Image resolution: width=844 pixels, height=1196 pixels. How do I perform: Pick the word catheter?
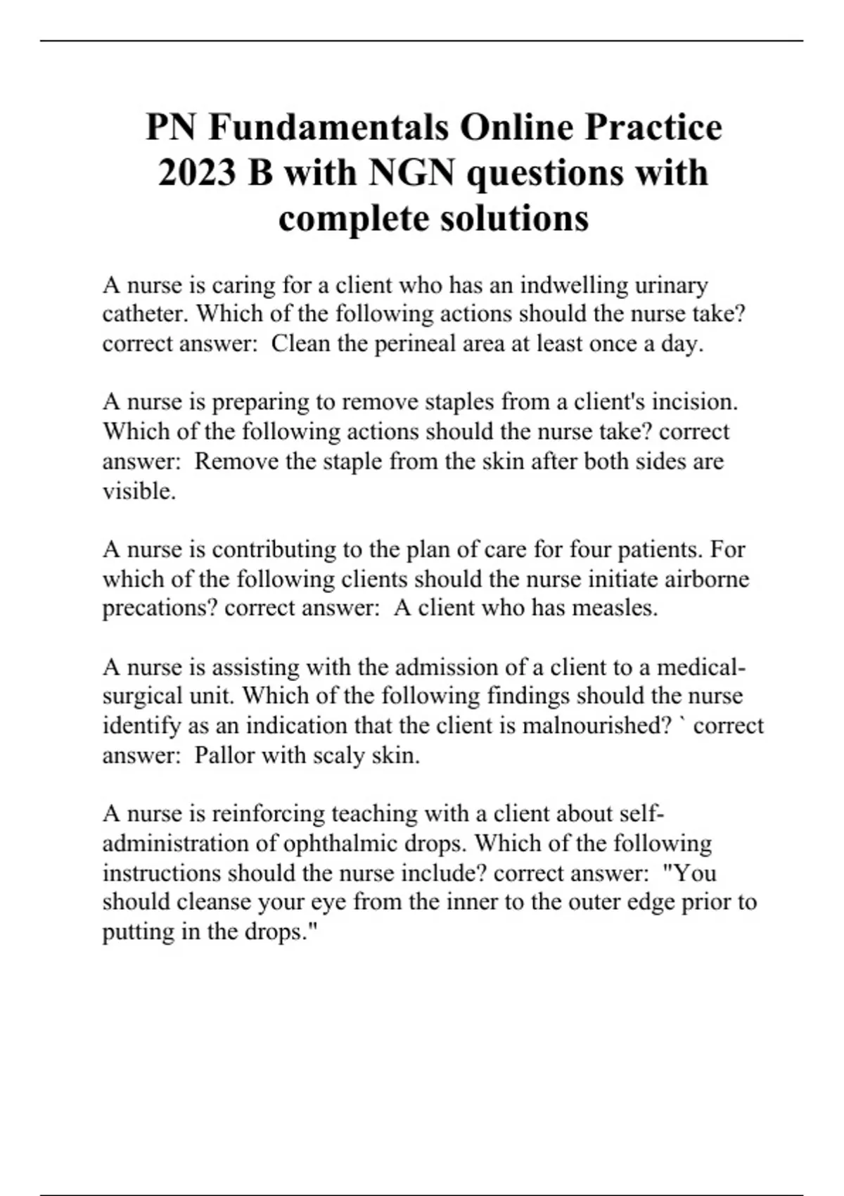(146, 314)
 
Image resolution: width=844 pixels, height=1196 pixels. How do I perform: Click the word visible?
(139, 491)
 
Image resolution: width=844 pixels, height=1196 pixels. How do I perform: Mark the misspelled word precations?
(160, 609)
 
